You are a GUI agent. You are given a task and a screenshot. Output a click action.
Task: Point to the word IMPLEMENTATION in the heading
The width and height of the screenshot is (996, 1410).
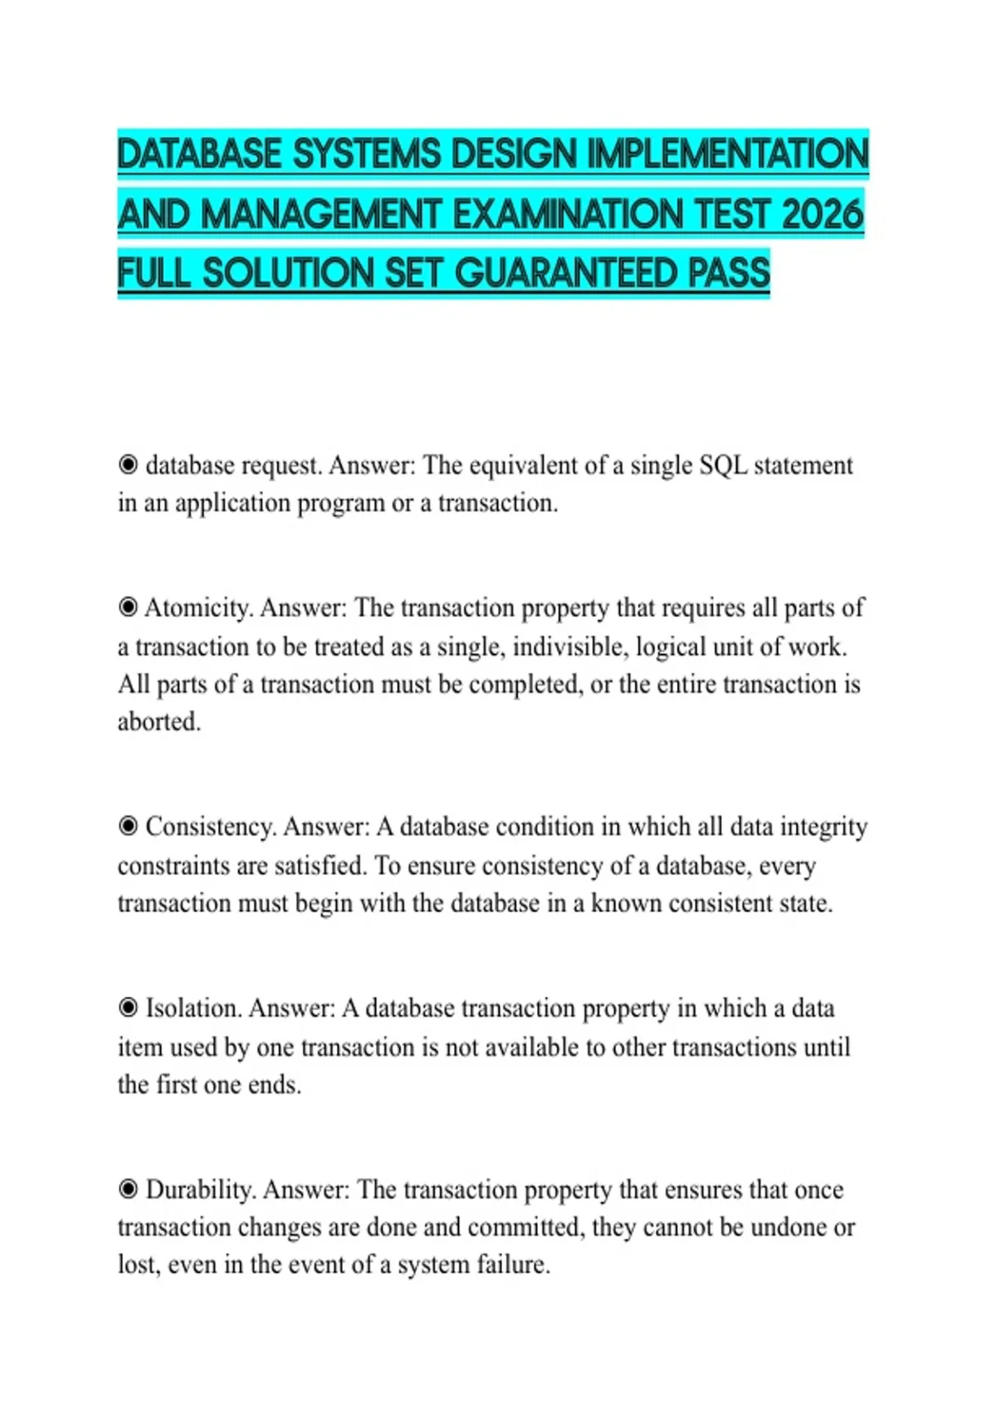click(727, 154)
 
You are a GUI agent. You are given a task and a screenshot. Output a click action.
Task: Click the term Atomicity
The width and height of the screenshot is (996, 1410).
click(198, 608)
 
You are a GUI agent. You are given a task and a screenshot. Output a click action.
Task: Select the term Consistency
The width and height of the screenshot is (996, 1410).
click(211, 827)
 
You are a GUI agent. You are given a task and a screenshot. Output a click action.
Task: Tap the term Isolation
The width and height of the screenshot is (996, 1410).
click(193, 1009)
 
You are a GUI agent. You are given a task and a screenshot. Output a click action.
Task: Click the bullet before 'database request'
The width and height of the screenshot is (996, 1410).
click(128, 464)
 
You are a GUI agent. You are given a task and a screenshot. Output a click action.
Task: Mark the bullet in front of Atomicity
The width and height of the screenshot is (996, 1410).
click(128, 607)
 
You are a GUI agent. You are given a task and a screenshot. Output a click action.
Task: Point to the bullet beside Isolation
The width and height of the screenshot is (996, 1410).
click(128, 1008)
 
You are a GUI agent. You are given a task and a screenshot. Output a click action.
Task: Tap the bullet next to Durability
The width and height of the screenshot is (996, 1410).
click(128, 1189)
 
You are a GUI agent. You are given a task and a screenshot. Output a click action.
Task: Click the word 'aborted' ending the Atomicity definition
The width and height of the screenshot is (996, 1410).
click(159, 722)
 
